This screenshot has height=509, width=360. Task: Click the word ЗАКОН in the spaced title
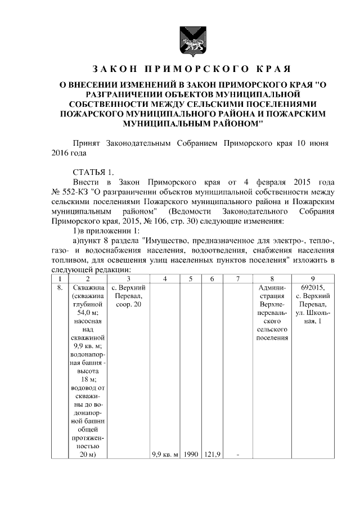(114, 69)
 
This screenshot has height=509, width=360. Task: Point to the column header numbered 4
(165, 278)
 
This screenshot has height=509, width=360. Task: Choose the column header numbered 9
(313, 278)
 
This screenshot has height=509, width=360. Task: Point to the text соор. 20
(129, 304)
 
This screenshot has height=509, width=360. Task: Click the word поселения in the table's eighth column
(272, 337)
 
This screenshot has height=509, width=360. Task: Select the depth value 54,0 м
(87, 313)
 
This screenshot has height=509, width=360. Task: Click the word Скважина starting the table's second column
(87, 288)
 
